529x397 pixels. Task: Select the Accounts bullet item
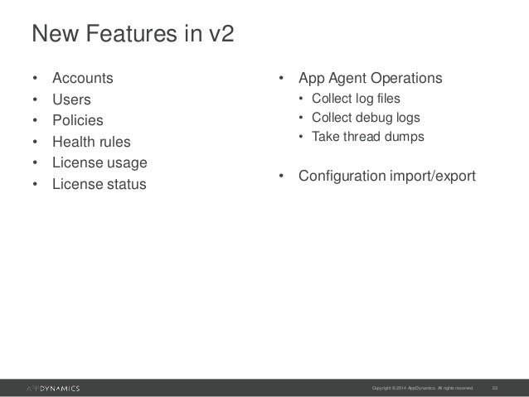click(83, 80)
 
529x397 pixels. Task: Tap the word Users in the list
click(71, 100)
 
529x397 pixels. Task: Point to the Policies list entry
click(77, 121)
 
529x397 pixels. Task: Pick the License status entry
click(99, 183)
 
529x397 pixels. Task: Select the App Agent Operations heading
click(370, 80)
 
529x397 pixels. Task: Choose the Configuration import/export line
click(386, 176)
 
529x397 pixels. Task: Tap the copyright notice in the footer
click(423, 387)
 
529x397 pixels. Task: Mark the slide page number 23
click(496, 387)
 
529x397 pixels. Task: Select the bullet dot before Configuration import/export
click(282, 176)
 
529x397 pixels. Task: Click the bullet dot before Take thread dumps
click(302, 136)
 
